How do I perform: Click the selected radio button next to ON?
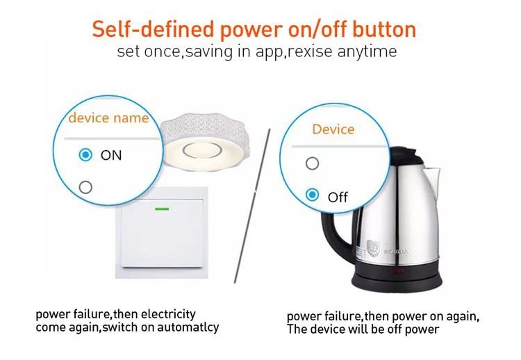point(85,155)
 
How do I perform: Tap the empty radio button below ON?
point(85,186)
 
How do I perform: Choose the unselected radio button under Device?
point(313,163)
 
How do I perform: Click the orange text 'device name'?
point(108,117)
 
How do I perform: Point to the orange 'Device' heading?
point(333,129)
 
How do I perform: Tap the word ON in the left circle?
point(111,156)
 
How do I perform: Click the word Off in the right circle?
point(338,197)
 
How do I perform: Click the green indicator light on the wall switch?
point(164,208)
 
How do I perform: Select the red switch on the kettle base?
point(399,272)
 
